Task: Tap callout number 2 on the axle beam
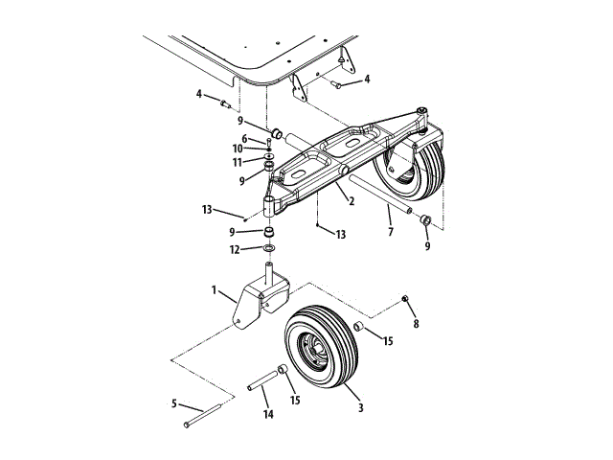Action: [x=352, y=202]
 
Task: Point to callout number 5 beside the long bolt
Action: [x=175, y=403]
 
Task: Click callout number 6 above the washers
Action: [x=244, y=138]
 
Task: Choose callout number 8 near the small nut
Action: [x=416, y=324]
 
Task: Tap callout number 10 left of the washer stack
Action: [x=238, y=149]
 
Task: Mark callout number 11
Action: [x=238, y=162]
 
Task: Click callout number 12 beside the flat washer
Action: [x=236, y=249]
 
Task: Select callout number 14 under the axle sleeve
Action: [x=268, y=414]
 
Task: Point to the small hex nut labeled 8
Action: [x=406, y=300]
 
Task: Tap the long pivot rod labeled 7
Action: [x=378, y=195]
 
